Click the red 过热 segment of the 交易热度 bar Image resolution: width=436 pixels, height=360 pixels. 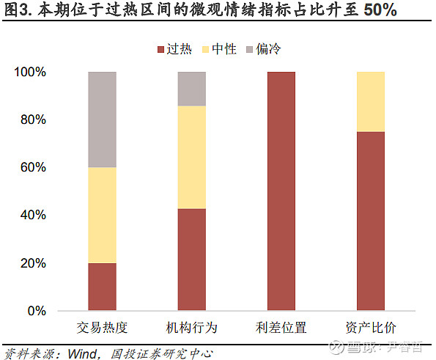102,287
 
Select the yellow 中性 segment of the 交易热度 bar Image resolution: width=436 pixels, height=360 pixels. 102,216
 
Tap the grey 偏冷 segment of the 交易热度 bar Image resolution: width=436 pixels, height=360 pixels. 102,120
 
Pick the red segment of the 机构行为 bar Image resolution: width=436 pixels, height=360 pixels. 192,260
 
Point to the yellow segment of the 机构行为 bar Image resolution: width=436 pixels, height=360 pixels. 192,158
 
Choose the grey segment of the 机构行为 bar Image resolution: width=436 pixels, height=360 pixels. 192,89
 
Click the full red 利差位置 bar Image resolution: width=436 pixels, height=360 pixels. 281,191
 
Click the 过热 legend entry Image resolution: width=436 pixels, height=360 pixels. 175,49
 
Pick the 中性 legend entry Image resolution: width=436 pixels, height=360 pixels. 220,49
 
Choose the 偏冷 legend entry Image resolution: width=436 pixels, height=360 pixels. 265,49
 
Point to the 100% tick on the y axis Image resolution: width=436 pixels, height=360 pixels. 30,73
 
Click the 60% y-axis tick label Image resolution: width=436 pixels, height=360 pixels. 33,168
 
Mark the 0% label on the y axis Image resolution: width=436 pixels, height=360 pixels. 37,311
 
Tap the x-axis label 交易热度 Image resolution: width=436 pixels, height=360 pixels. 102,327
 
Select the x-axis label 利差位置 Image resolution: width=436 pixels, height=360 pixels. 281,327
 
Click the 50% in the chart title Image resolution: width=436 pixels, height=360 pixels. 380,10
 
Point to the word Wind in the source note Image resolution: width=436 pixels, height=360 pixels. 83,353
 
